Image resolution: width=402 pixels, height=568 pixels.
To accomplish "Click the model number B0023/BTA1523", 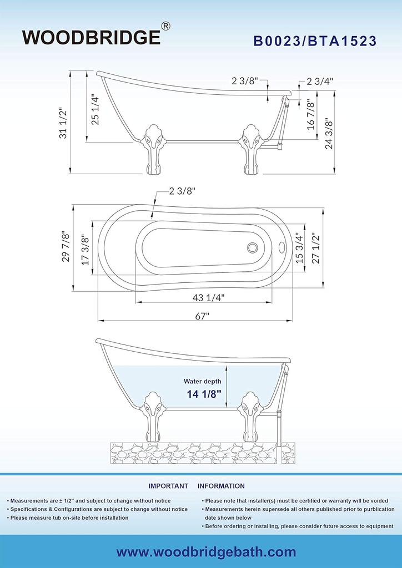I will [315, 41].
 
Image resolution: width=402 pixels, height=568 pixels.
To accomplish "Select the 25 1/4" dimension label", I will [95, 110].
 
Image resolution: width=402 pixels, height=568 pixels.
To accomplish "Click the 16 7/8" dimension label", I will [311, 115].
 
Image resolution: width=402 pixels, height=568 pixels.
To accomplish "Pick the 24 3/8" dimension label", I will [328, 135].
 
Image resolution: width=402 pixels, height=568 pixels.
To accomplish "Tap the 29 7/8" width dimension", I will [66, 247].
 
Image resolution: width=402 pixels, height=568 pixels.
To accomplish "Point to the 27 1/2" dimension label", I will [316, 248].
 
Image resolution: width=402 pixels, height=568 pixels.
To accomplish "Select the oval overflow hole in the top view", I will [281, 247].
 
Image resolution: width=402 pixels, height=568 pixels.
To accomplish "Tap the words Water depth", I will [203, 381].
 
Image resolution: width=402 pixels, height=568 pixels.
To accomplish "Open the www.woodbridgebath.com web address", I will [205, 552].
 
